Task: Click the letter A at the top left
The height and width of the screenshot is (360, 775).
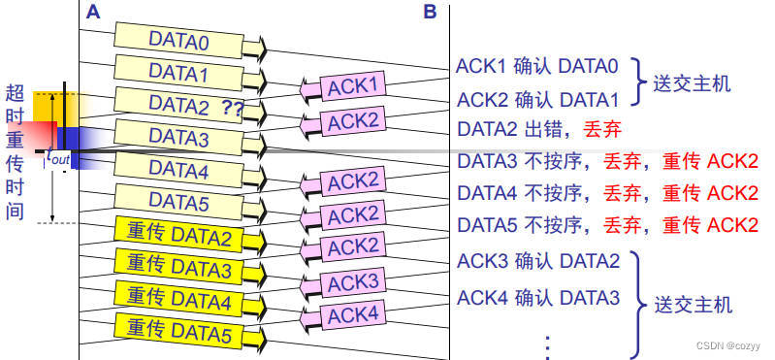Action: [x=92, y=12]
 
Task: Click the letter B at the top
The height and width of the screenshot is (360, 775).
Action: [x=430, y=12]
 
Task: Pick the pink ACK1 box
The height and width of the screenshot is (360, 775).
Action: [x=353, y=87]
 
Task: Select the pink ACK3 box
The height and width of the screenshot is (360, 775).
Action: [x=353, y=282]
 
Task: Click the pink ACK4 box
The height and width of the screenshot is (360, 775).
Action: [x=353, y=315]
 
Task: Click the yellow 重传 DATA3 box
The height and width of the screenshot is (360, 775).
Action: [x=178, y=269]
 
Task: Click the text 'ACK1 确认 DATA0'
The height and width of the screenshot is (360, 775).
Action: [x=538, y=67]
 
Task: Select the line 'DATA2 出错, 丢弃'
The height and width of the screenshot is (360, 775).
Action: [x=538, y=129]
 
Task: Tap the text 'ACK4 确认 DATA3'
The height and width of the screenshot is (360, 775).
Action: [x=538, y=297]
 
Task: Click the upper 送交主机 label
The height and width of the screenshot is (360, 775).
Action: [x=691, y=83]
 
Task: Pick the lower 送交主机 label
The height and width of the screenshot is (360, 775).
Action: [x=693, y=305]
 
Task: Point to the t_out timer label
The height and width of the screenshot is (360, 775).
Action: [x=58, y=156]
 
